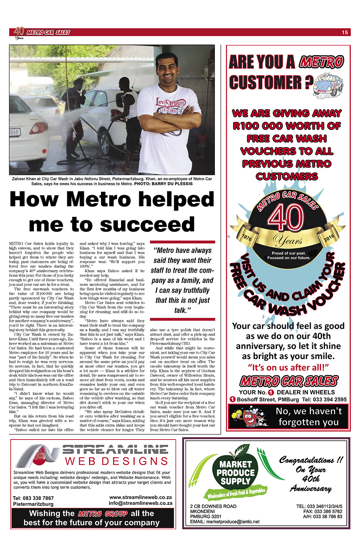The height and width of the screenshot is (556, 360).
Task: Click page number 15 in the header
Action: coord(345,32)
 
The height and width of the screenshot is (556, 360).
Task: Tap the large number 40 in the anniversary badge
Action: coord(286,218)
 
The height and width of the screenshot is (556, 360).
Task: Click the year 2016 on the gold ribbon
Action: coord(329,238)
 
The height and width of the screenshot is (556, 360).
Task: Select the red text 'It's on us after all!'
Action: coord(288,367)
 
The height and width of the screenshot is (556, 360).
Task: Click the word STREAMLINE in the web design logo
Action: coord(115,450)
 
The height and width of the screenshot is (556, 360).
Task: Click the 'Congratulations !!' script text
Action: coord(311,460)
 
